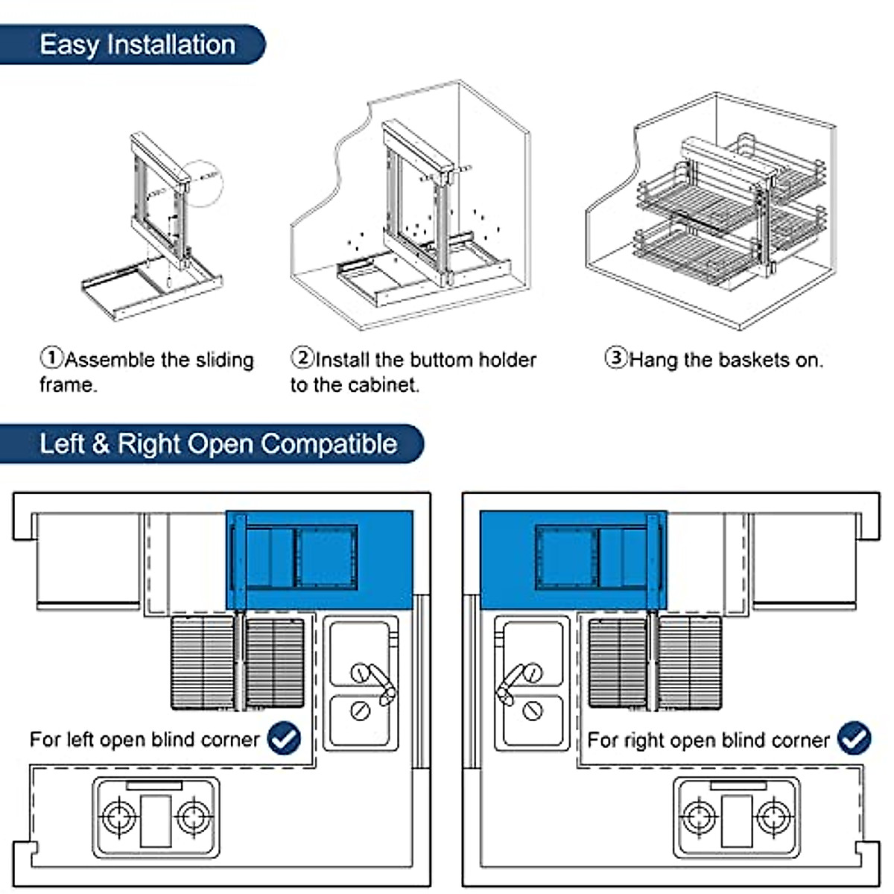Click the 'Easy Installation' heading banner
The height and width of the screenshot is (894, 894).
coord(138,45)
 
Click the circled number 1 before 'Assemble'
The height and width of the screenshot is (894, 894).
coord(51,358)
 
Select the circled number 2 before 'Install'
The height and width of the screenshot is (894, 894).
coord(302,358)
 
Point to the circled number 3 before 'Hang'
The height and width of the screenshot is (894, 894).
coord(615,358)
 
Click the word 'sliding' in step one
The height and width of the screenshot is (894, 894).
coord(224,361)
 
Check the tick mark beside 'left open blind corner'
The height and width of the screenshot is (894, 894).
coord(284,738)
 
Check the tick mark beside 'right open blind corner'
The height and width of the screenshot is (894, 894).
coord(854,738)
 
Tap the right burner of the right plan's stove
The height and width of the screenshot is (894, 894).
coord(774,817)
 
